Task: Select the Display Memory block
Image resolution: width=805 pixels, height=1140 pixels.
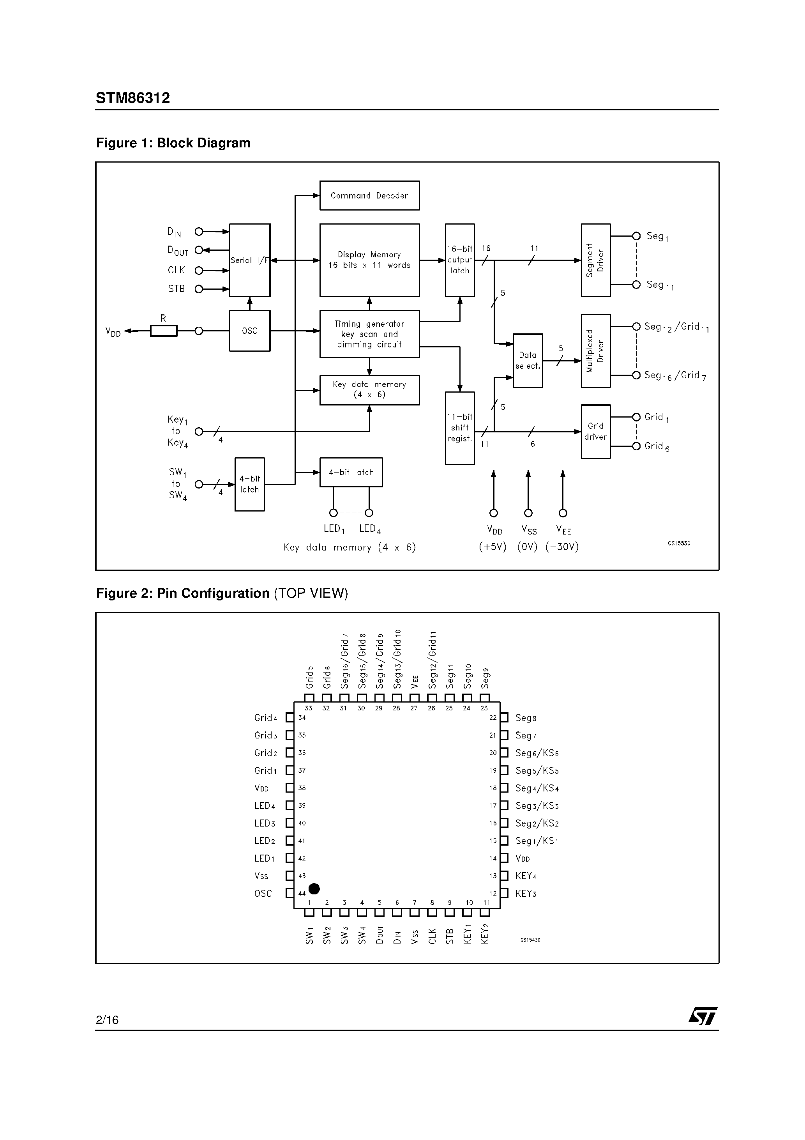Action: click(369, 260)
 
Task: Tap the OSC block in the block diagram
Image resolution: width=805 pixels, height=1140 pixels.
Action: click(250, 331)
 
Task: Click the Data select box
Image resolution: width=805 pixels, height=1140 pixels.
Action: click(528, 361)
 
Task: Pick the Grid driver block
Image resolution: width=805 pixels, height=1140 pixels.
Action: click(595, 432)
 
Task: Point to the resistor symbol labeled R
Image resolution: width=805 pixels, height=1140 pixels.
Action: click(164, 331)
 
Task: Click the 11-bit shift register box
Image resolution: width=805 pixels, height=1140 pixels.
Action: click(459, 428)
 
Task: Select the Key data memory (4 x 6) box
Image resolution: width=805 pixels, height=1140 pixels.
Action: click(369, 390)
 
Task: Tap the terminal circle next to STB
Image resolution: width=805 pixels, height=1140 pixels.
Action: click(198, 289)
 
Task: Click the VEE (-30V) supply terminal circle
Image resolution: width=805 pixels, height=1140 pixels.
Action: click(563, 513)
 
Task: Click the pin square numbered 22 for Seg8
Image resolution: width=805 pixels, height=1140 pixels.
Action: click(504, 717)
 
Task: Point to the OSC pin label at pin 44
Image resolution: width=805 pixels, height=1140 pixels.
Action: click(263, 893)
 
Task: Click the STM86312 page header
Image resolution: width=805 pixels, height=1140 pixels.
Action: click(132, 98)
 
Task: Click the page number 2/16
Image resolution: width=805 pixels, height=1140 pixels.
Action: click(107, 1020)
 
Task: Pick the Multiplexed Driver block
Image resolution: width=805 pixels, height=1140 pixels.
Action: click(595, 350)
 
